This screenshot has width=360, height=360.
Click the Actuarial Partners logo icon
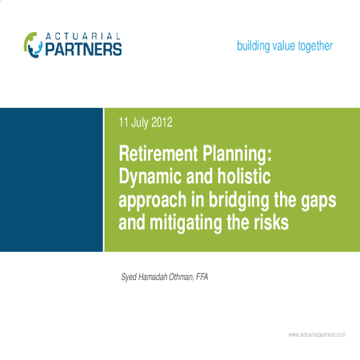33,45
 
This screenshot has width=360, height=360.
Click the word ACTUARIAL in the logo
83,36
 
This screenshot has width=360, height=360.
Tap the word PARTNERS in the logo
83,50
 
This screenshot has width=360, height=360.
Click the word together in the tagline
315,46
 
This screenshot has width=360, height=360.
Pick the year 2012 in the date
162,122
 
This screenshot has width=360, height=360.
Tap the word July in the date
140,123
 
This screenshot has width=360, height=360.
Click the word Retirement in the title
158,154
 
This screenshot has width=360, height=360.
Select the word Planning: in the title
237,154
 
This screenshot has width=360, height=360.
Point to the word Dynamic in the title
150,177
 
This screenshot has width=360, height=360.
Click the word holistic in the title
244,176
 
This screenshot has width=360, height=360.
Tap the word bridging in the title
239,200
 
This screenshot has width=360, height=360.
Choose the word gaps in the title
319,202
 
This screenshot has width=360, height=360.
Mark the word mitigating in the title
186,223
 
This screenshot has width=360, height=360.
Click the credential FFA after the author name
202,277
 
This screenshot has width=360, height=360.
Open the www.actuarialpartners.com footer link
317,334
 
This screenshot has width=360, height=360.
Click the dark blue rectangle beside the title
51,180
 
